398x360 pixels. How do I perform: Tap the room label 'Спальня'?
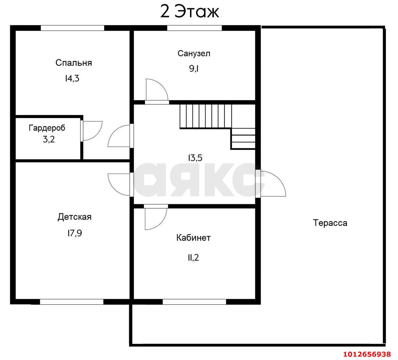74,63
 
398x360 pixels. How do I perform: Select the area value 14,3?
72,78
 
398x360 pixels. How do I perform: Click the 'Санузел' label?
194,54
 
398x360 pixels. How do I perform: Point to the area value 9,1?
194,68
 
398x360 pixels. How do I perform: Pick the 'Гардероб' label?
47,128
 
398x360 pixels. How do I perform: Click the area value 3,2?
49,139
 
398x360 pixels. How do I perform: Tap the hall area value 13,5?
195,158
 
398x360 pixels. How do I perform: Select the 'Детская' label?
75,217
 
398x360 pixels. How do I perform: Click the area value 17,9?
75,233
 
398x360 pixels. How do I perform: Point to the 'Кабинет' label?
193,238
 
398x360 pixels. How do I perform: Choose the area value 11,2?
193,258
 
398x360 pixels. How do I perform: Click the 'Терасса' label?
330,223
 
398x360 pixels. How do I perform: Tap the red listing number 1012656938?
367,354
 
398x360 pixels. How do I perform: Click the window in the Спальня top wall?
72,28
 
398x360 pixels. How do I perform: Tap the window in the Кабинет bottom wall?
194,302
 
